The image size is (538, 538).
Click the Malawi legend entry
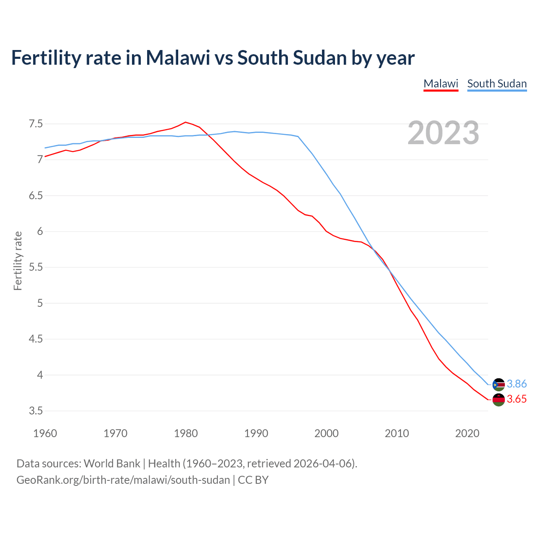(440, 84)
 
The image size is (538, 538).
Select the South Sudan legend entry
(497, 84)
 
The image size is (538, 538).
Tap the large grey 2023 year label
(443, 133)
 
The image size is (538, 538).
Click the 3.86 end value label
(517, 384)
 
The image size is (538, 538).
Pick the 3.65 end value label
(517, 399)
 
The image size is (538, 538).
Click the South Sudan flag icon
(498, 384)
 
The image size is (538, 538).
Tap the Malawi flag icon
(498, 400)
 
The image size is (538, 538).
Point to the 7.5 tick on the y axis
(36, 124)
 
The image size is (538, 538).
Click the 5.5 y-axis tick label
(36, 267)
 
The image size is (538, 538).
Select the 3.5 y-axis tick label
(36, 411)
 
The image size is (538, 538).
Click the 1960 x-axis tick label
(45, 433)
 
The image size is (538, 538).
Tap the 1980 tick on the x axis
(186, 433)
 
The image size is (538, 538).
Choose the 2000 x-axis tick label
(327, 433)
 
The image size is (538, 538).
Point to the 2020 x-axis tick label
(467, 433)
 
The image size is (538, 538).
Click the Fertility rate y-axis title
(18, 261)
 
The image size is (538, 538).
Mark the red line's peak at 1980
(186, 122)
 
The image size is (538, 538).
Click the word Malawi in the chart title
(178, 58)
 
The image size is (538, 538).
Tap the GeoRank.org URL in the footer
(123, 480)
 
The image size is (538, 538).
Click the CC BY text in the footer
(253, 480)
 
